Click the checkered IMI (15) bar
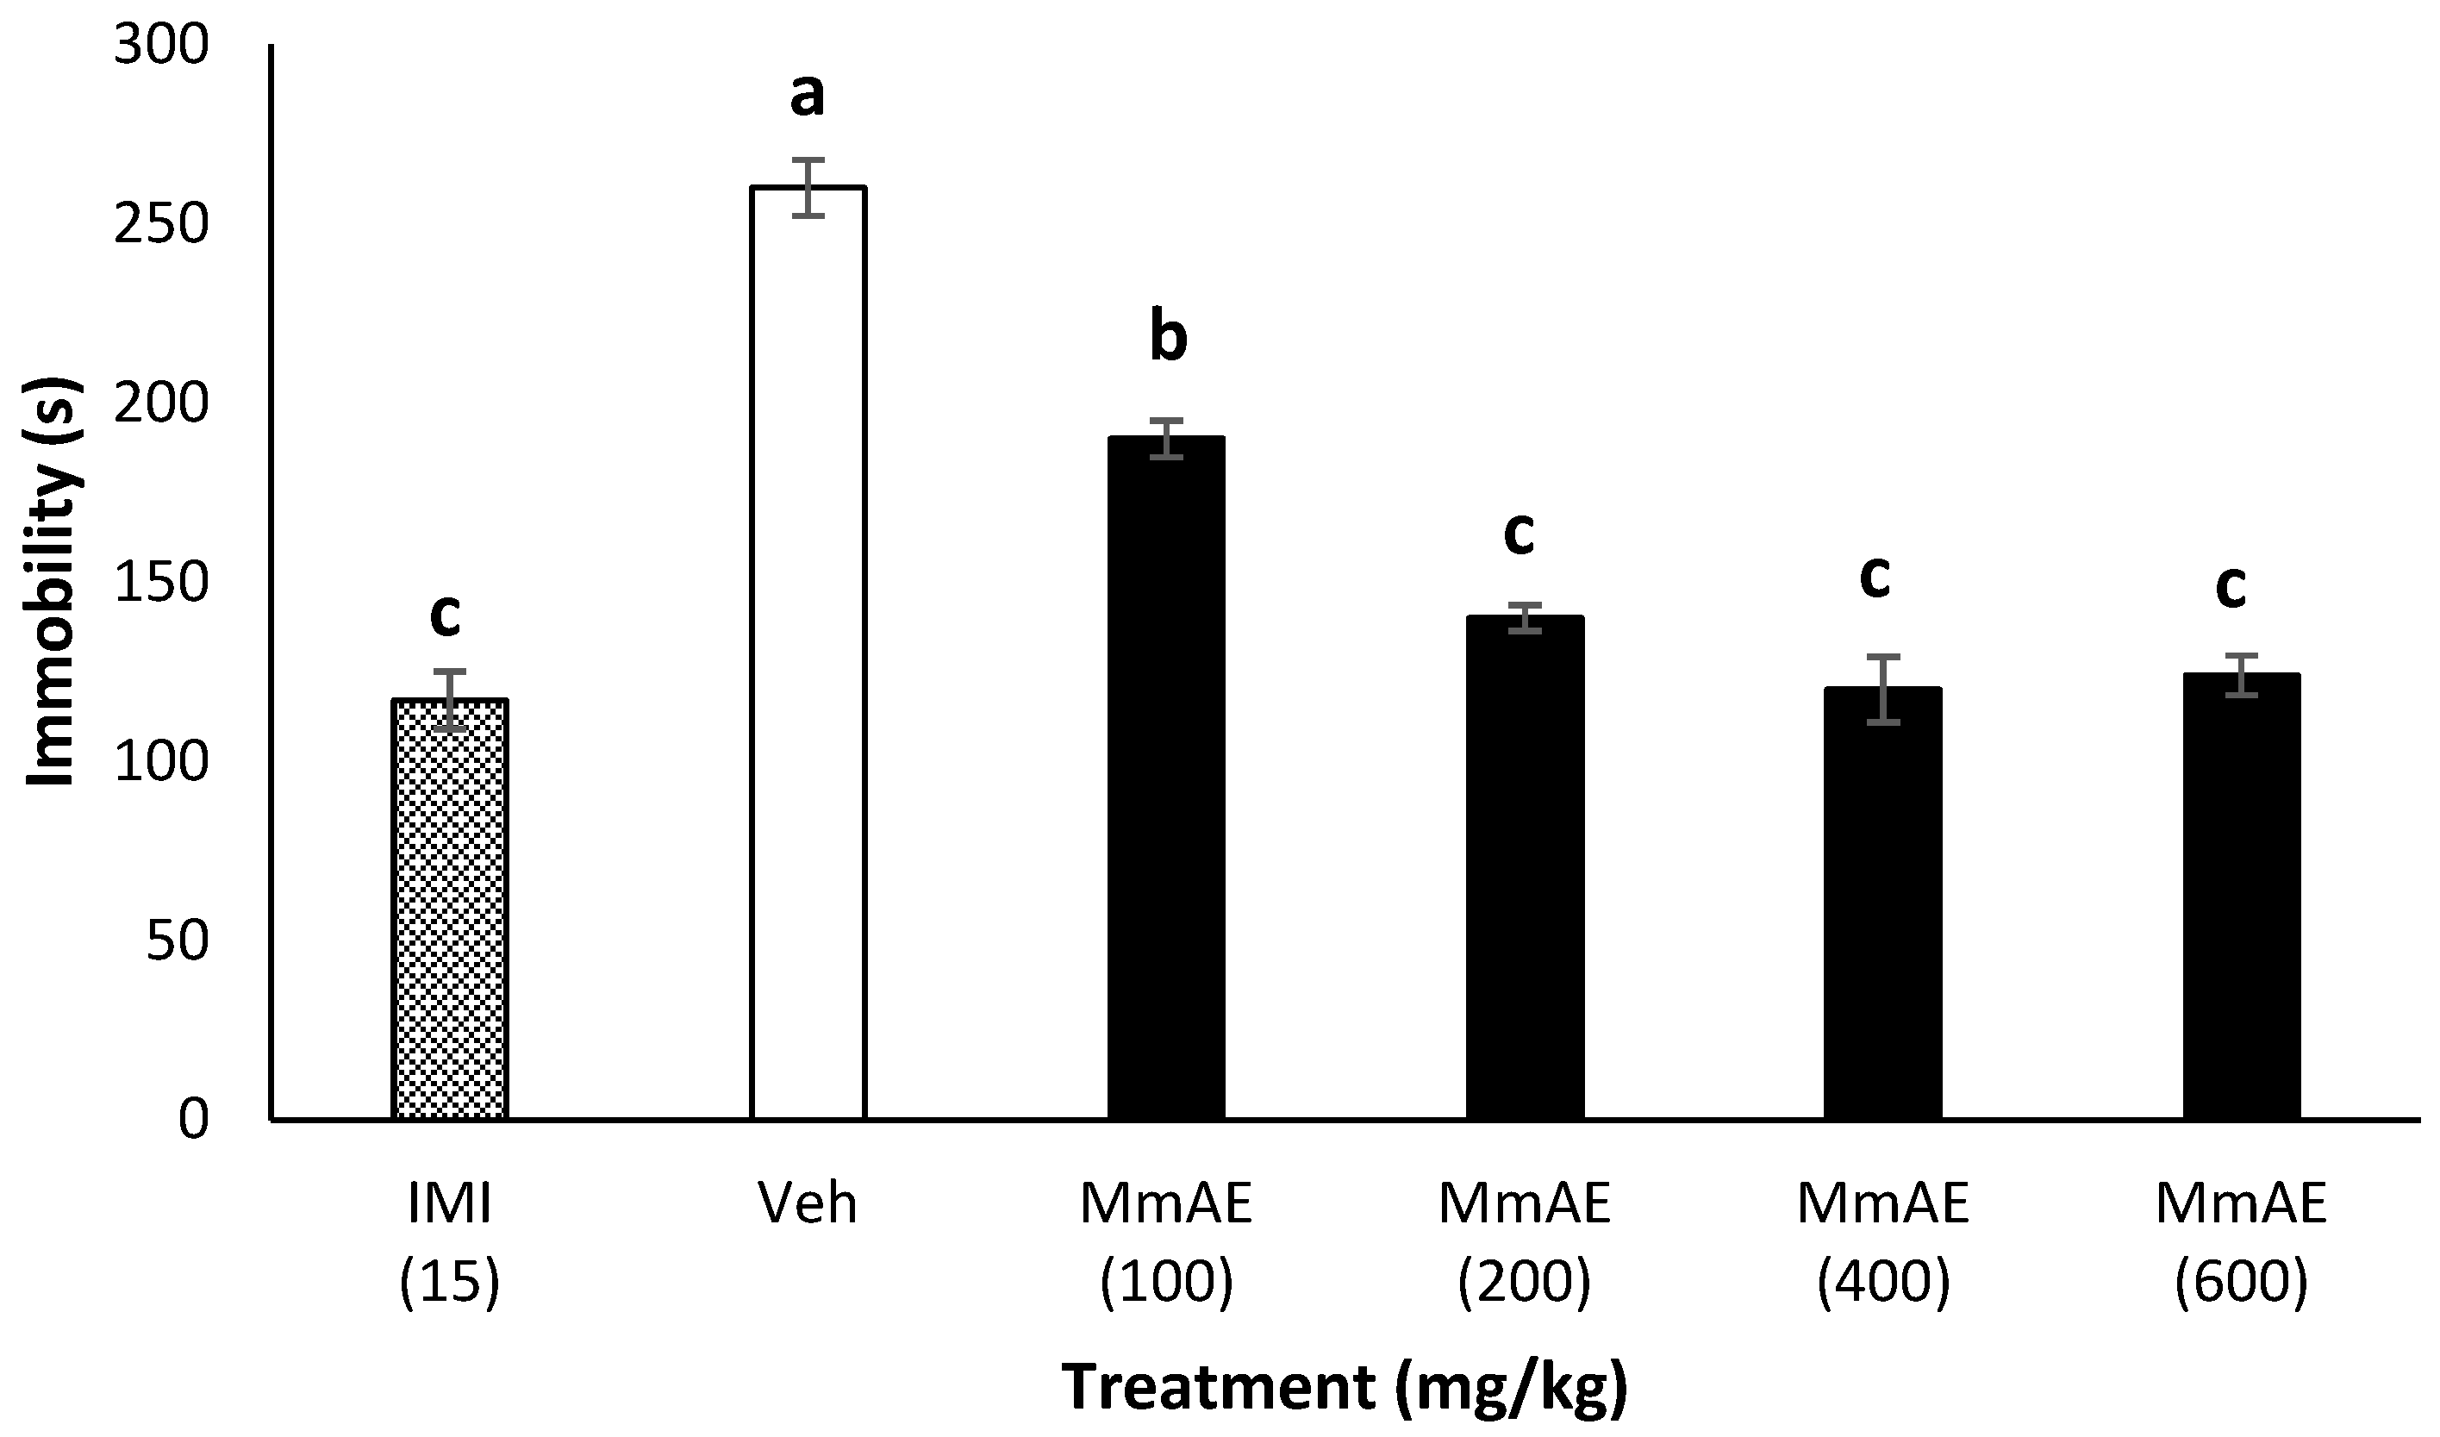click(x=449, y=910)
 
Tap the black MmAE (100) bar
click(x=1166, y=779)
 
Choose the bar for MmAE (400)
click(x=1882, y=904)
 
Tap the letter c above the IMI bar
click(x=445, y=615)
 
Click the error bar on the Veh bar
click(x=808, y=188)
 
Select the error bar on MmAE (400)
click(x=1882, y=690)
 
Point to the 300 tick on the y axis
click(x=160, y=46)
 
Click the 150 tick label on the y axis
click(x=160, y=583)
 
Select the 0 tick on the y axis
click(x=193, y=1121)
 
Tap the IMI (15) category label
click(x=449, y=1243)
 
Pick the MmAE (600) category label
click(x=2241, y=1243)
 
